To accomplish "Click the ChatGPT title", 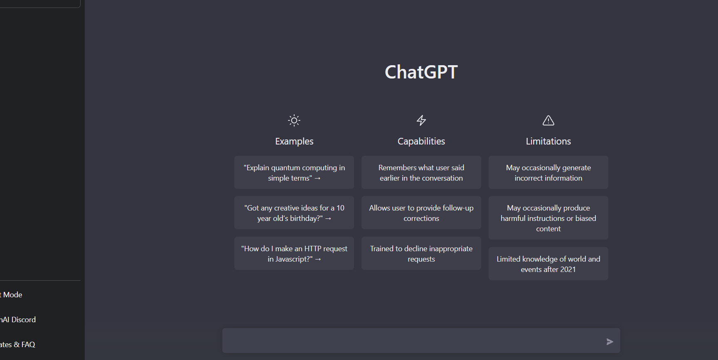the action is (421, 72).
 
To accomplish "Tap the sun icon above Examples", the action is (294, 120).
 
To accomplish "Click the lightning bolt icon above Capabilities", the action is (421, 120).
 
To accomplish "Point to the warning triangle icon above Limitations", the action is (548, 120).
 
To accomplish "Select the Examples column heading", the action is (294, 141).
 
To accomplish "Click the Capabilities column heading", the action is (421, 141).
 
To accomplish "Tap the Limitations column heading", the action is (548, 141).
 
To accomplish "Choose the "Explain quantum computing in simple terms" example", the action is (294, 172).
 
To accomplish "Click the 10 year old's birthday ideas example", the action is (294, 213).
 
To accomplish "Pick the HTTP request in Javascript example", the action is (294, 253).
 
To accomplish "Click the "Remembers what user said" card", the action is (421, 172).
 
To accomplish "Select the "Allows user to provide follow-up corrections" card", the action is (421, 213).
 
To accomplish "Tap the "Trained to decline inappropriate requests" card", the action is (421, 253).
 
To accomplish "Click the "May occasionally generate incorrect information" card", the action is (548, 172).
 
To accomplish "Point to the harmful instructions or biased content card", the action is (548, 218).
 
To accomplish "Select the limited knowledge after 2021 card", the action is (548, 264).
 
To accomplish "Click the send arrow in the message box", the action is (610, 342).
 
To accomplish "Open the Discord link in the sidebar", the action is (18, 320).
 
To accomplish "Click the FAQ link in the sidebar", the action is (17, 345).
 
